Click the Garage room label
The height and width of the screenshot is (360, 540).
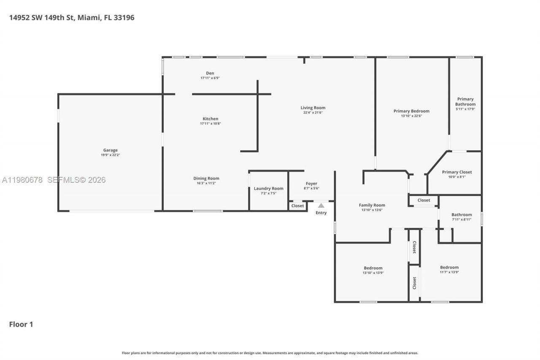pos(111,150)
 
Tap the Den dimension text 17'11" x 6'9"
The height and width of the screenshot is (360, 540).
pos(210,78)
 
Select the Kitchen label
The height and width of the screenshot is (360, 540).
pos(210,119)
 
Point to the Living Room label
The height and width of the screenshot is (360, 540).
pos(313,108)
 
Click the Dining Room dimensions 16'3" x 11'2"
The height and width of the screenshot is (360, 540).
pos(206,183)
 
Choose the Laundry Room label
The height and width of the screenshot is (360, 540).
pos(268,188)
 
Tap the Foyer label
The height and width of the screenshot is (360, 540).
pos(311,184)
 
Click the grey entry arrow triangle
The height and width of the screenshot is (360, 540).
pos(321,206)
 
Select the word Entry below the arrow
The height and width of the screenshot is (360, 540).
pos(321,213)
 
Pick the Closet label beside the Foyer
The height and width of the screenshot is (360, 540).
pos(297,206)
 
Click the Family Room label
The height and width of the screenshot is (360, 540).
pos(372,205)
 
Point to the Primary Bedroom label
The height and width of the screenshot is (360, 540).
pos(411,111)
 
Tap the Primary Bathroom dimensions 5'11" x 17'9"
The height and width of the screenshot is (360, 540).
pos(465,109)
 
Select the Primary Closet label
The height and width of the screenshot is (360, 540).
pos(457,172)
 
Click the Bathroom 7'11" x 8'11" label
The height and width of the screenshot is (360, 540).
pos(462,214)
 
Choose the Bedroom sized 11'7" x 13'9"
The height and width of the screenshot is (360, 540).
pos(449,267)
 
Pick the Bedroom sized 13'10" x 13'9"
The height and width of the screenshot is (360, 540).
pos(373,268)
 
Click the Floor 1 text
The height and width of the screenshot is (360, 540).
pos(21,324)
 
